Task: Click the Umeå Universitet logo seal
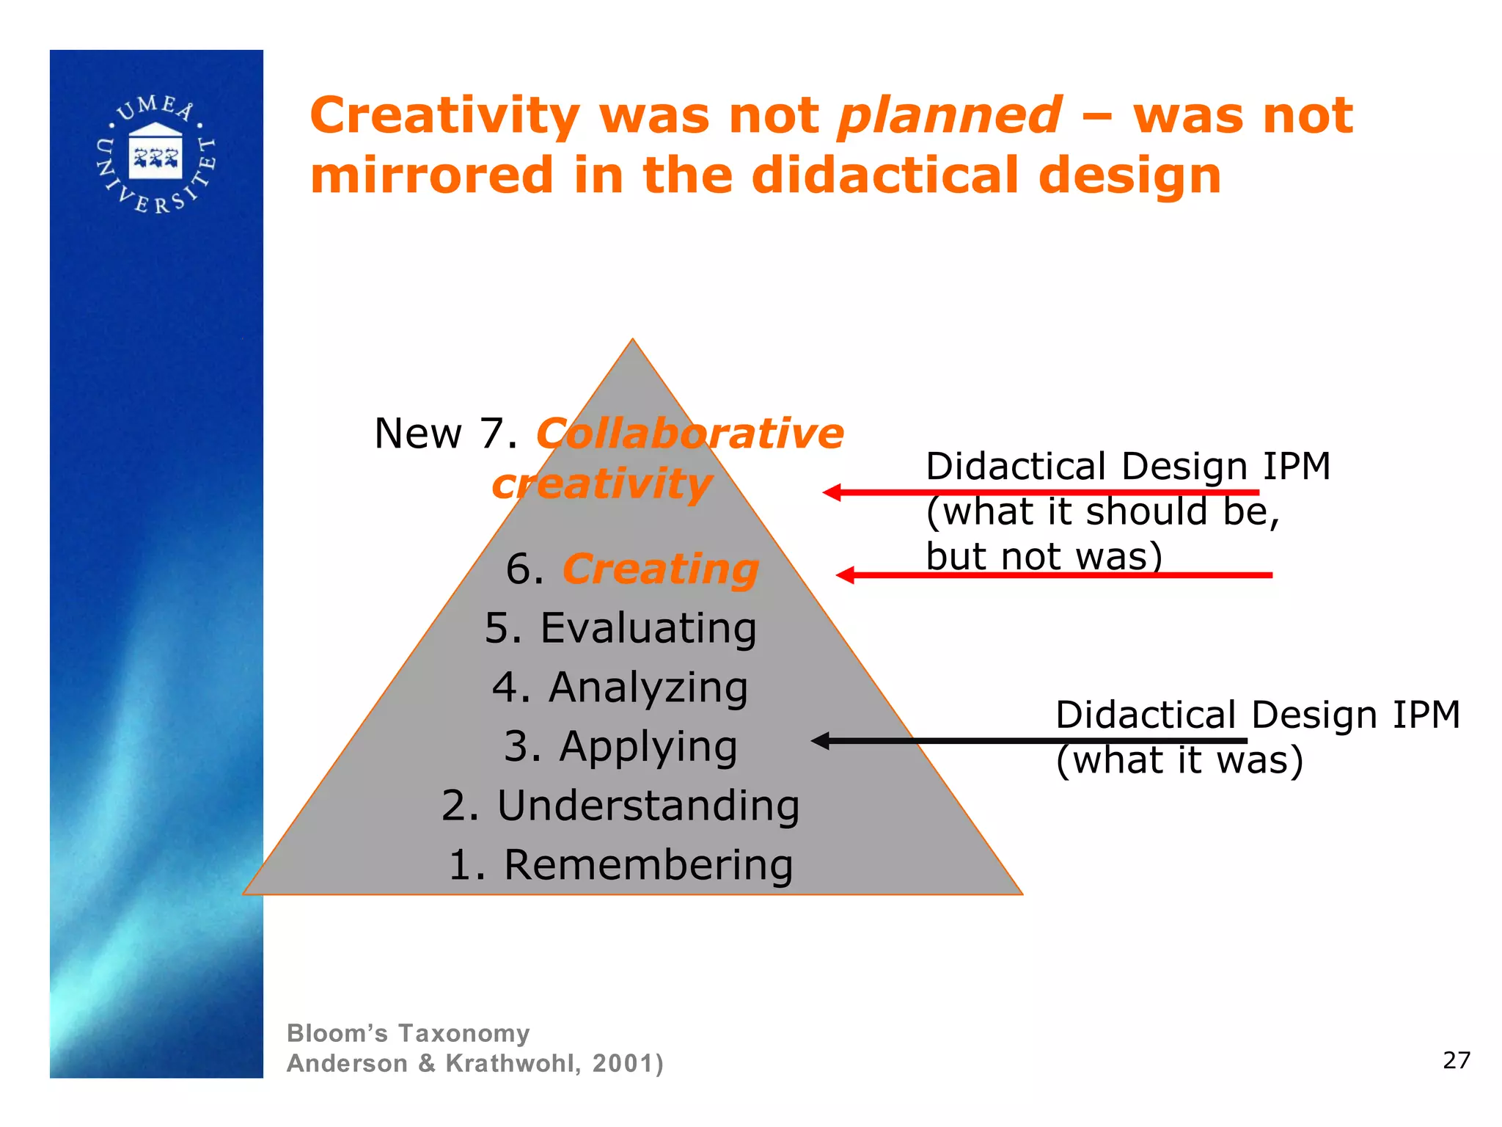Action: click(155, 156)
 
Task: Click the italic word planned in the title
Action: click(949, 116)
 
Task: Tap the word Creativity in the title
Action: click(444, 116)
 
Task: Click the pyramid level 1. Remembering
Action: click(620, 864)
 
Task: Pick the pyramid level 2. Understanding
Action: click(620, 806)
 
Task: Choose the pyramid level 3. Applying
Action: click(620, 746)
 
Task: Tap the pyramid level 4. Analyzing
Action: click(620, 687)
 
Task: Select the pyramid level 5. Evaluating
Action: click(620, 628)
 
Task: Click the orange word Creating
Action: click(660, 569)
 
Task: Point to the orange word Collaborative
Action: click(689, 433)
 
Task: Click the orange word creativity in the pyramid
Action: click(601, 484)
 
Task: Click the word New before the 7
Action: click(417, 433)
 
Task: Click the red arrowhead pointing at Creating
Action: click(846, 575)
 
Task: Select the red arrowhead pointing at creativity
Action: click(832, 492)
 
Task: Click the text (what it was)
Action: click(1179, 760)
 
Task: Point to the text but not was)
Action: click(1044, 556)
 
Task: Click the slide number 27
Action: click(1457, 1060)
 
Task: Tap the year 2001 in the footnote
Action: click(623, 1063)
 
